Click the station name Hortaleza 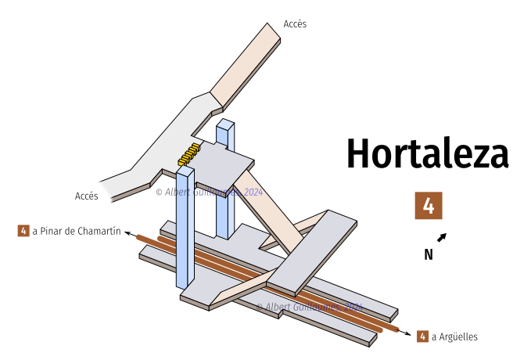(x=427, y=153)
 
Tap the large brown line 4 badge (x=429, y=205)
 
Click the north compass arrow (x=442, y=237)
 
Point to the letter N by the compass (x=429, y=254)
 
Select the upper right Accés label (x=295, y=24)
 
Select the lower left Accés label (x=86, y=196)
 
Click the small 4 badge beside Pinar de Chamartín (x=23, y=231)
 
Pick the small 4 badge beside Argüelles (x=422, y=337)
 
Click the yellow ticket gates (x=189, y=153)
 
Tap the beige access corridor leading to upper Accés (x=246, y=67)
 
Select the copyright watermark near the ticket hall (x=210, y=192)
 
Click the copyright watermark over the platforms (x=310, y=307)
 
